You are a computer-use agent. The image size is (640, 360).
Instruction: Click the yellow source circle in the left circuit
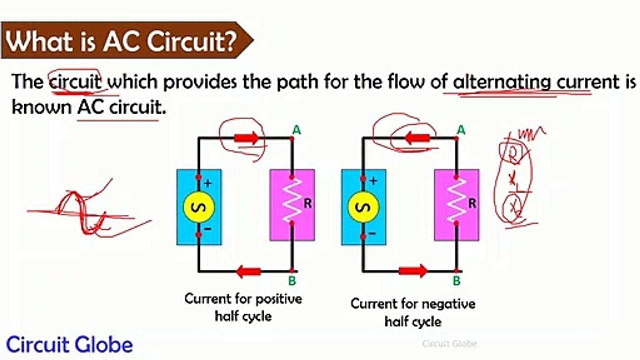click(x=199, y=207)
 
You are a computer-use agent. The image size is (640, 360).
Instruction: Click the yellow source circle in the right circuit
click(x=363, y=207)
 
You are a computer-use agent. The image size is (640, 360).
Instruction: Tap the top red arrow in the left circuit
click(x=246, y=138)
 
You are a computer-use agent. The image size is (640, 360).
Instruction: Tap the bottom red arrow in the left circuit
click(x=248, y=271)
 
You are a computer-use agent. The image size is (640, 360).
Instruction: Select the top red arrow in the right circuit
click(x=417, y=138)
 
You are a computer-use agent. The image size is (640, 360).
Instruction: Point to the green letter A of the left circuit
click(x=296, y=130)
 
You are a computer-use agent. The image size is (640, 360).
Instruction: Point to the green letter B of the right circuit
click(x=457, y=281)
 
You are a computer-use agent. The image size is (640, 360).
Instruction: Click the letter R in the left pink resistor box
click(x=307, y=203)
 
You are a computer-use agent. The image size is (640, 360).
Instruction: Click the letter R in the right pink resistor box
click(x=472, y=203)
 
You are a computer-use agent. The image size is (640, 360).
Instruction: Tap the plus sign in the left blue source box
click(x=208, y=183)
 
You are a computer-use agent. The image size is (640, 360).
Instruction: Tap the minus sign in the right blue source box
click(x=372, y=233)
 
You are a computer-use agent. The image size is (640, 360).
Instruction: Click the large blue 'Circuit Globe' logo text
click(x=69, y=345)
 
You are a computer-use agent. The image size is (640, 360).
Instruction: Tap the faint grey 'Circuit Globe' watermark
click(x=449, y=343)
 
